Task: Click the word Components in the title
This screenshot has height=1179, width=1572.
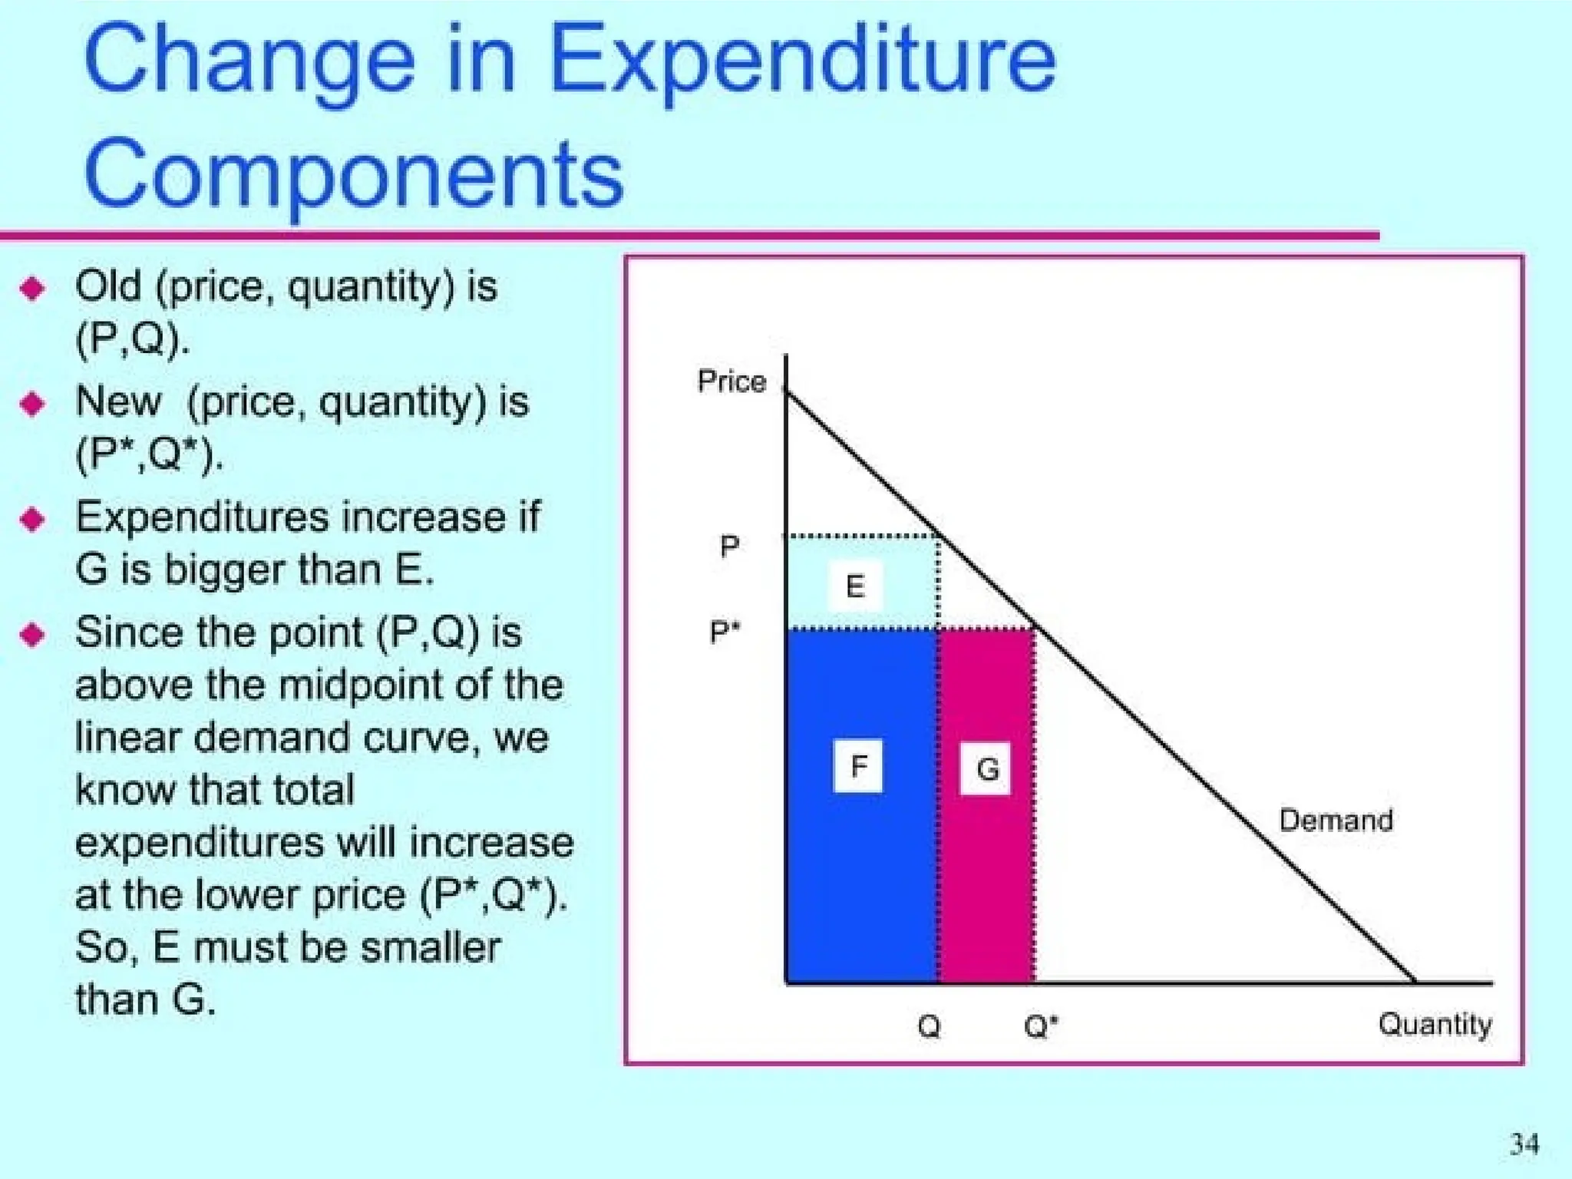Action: point(353,175)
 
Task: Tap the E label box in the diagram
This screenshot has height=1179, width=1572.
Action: point(855,586)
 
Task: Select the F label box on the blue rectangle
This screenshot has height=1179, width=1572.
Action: point(858,765)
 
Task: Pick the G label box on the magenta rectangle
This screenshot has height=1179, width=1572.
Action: point(986,768)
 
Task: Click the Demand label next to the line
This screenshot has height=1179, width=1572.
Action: point(1336,821)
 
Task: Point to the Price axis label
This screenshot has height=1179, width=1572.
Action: point(731,381)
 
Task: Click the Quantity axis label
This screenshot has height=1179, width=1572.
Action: point(1434,1024)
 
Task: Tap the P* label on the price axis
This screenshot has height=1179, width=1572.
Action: point(724,632)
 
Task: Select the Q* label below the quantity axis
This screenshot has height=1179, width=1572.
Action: point(1040,1025)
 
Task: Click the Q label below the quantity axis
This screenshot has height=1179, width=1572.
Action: point(929,1025)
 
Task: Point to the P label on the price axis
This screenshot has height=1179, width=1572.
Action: point(729,547)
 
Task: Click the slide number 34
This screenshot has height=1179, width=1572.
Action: point(1524,1144)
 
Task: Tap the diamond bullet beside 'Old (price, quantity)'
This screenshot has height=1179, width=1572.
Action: point(33,289)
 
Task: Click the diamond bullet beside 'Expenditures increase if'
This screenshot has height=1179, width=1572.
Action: point(33,520)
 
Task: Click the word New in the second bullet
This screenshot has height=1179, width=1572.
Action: point(118,401)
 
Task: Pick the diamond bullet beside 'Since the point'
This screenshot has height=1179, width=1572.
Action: point(33,635)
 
